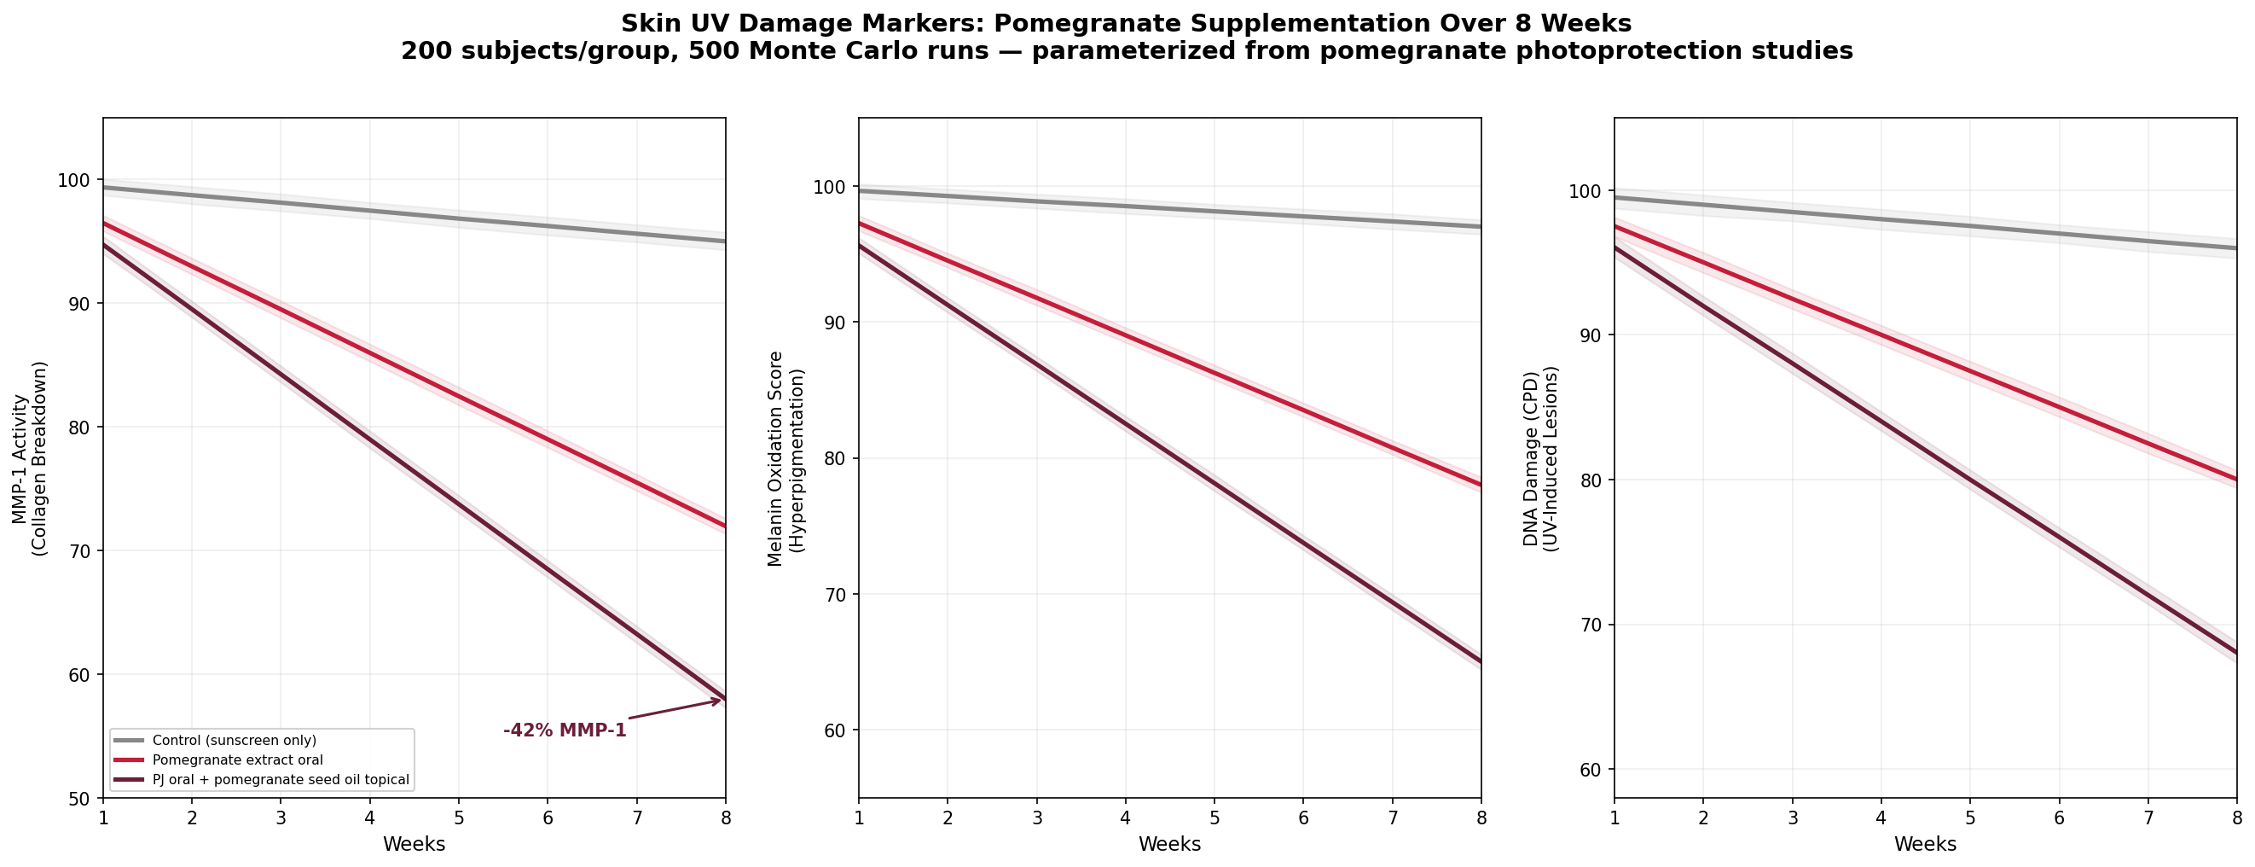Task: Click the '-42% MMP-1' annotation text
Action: click(565, 730)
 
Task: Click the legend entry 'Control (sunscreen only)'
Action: click(234, 741)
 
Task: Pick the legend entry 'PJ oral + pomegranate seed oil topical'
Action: click(280, 779)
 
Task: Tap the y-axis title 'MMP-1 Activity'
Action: click(20, 458)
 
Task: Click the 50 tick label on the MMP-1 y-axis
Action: click(79, 799)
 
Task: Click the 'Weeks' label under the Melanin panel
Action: click(1169, 845)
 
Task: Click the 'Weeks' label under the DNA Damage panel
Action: click(1925, 845)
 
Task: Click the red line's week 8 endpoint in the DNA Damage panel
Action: click(2235, 479)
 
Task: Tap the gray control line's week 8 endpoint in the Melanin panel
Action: click(1480, 227)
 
